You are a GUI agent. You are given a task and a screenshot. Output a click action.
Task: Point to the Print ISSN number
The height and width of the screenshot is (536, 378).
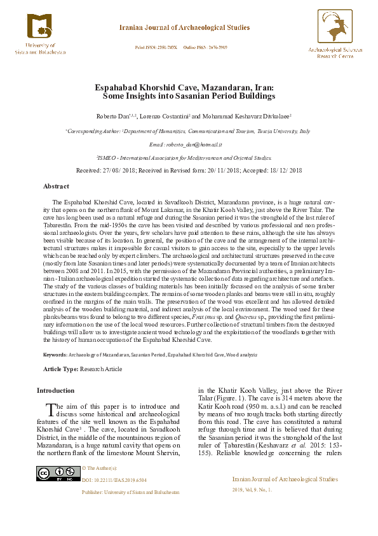(x=156, y=48)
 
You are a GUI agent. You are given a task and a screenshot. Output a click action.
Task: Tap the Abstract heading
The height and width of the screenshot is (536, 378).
(x=56, y=186)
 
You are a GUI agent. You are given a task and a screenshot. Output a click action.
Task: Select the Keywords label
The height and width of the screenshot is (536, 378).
(x=55, y=354)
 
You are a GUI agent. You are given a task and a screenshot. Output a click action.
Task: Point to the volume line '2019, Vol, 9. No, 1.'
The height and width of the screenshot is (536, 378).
(x=252, y=490)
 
